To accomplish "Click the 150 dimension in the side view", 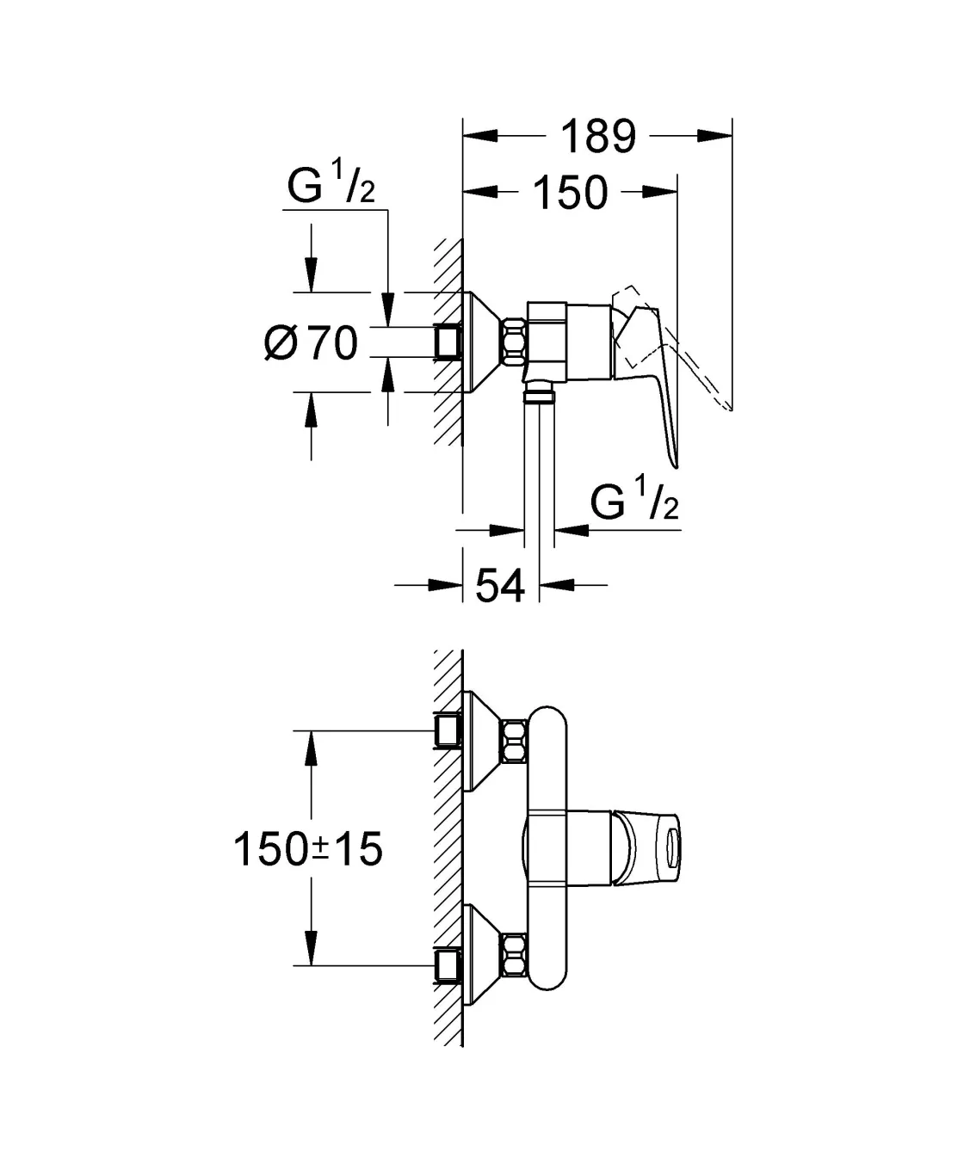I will click(570, 193).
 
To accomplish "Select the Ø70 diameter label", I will click(311, 343).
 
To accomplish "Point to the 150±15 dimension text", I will click(307, 850).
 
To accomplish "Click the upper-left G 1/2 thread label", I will click(331, 188).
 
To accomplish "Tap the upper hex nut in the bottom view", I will click(514, 742).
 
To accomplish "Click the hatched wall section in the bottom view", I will click(448, 847).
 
